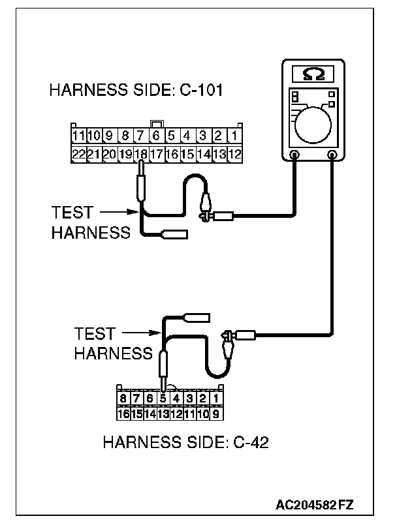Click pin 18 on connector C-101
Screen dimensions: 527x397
(x=140, y=155)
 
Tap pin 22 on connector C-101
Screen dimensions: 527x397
(x=78, y=155)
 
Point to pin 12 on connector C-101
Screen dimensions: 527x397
(x=235, y=155)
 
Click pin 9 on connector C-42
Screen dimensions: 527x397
(x=215, y=413)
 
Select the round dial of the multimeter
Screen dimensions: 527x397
(x=314, y=124)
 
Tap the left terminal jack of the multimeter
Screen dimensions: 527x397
(x=294, y=156)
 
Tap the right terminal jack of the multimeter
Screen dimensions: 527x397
(x=333, y=156)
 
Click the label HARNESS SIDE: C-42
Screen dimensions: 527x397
(x=186, y=444)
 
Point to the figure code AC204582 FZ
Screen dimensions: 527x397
(x=315, y=504)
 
